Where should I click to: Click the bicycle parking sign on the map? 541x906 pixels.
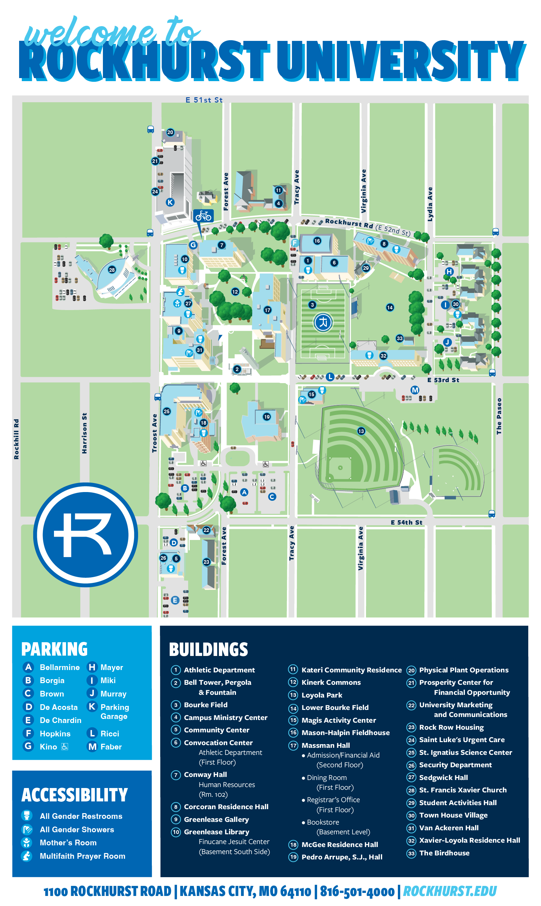(x=203, y=216)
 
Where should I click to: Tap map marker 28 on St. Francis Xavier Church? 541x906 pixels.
(x=112, y=270)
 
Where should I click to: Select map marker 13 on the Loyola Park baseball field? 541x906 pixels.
(x=361, y=431)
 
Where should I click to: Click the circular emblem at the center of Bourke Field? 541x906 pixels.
(x=323, y=322)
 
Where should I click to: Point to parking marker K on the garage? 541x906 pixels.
(x=170, y=202)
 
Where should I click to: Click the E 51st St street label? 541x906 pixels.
(x=204, y=100)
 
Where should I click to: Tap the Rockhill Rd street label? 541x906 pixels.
(x=16, y=439)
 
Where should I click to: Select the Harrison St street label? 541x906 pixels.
(x=84, y=433)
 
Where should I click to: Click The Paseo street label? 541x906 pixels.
(x=499, y=416)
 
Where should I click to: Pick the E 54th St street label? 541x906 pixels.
(x=406, y=523)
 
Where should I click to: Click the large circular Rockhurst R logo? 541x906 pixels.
(x=86, y=535)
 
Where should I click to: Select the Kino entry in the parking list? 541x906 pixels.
(x=48, y=747)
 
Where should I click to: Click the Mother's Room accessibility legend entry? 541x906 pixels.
(x=68, y=843)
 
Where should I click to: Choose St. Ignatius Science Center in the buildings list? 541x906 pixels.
(x=465, y=752)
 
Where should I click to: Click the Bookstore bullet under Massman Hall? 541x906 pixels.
(x=323, y=822)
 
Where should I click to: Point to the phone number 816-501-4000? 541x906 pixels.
(x=357, y=892)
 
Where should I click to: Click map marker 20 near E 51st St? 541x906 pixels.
(x=170, y=132)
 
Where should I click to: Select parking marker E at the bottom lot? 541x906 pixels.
(x=175, y=600)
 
